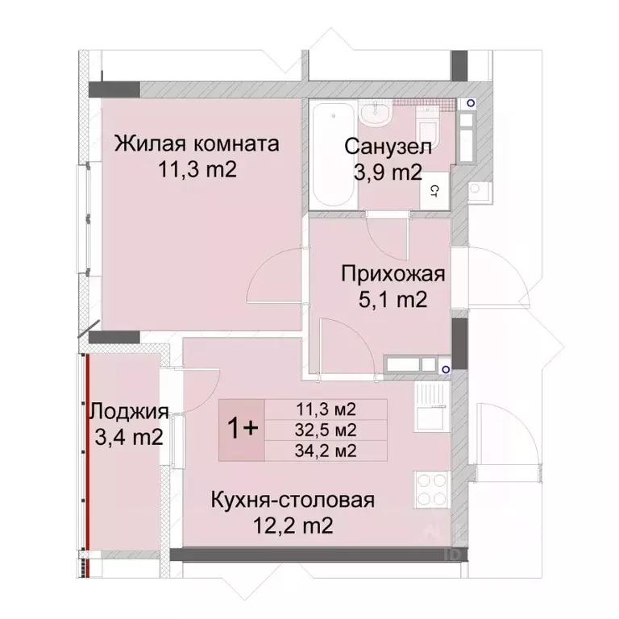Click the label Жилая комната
tap(197, 145)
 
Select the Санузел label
tap(388, 147)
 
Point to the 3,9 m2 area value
tap(388, 172)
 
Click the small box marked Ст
tap(433, 191)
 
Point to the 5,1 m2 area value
tap(392, 300)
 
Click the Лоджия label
tap(129, 412)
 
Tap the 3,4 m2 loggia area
tap(129, 438)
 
